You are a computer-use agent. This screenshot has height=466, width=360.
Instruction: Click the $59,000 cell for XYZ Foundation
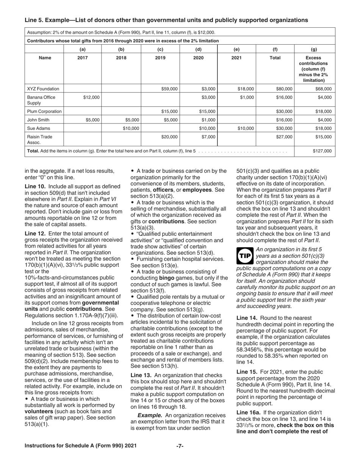click(x=169, y=89)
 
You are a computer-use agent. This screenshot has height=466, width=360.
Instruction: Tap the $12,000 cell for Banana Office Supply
click(x=91, y=97)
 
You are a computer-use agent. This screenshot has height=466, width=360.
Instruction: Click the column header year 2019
click(x=160, y=58)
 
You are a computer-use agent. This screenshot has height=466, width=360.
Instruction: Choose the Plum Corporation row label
click(x=44, y=111)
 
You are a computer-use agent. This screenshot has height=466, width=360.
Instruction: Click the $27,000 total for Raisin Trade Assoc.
click(x=284, y=137)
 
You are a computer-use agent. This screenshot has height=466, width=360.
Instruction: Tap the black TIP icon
click(x=244, y=256)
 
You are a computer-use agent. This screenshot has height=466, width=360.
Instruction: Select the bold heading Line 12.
click(x=35, y=233)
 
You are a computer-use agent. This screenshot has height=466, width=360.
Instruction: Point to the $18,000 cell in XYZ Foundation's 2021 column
click(x=246, y=89)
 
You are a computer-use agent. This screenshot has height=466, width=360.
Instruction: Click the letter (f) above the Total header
click(x=275, y=49)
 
